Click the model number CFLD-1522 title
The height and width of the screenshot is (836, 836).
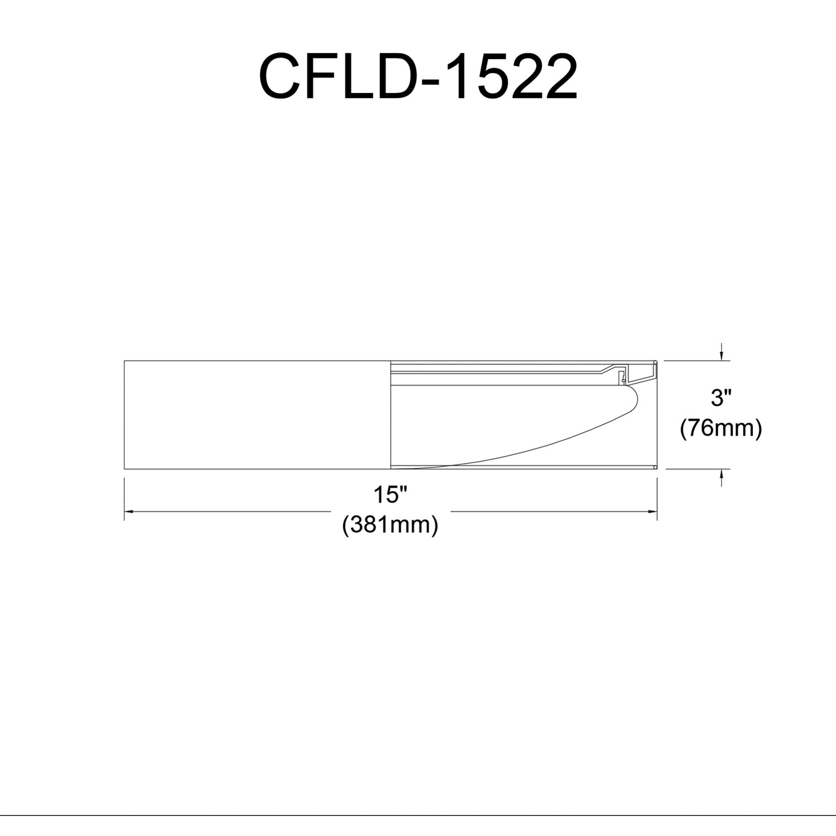coord(418,77)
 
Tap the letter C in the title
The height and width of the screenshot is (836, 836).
coord(281,77)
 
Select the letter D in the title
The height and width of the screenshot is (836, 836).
coord(393,77)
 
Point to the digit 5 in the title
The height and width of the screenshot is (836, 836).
coord(489,77)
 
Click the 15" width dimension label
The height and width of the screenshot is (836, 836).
coord(391,495)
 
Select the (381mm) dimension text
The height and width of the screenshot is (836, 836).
coord(390,525)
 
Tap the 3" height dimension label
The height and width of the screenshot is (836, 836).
coord(721,398)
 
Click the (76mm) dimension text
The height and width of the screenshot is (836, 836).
coord(721,429)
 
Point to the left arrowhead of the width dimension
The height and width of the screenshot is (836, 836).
coord(128,511)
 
